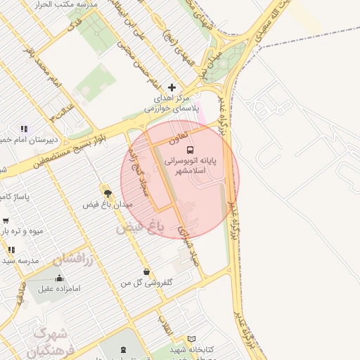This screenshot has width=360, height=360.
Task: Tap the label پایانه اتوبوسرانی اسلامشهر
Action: point(191,165)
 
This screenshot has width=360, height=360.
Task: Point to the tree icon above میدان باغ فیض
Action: point(107,192)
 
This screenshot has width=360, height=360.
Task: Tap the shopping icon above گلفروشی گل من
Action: point(146,271)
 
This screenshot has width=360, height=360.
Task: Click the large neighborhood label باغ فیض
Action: point(141,227)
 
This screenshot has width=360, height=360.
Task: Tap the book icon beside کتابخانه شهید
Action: point(192,340)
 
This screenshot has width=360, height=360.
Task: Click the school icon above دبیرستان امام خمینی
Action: point(23,129)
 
